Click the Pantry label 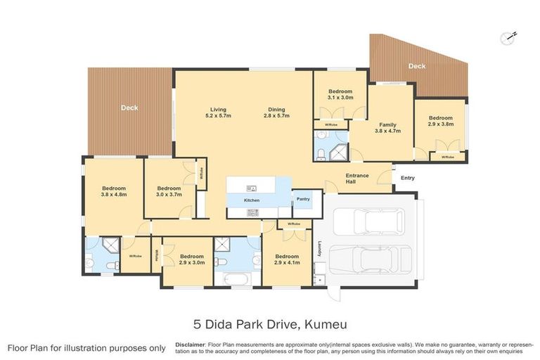tap(302, 199)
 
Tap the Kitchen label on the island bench tap(252, 201)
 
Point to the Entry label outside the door tap(408, 178)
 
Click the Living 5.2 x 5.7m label tap(218, 112)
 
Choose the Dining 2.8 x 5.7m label tap(276, 112)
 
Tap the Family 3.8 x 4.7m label tap(387, 127)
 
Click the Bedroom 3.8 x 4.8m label tap(114, 191)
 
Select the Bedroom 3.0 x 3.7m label tap(169, 191)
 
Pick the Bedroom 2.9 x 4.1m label tap(287, 259)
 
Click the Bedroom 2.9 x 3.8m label tap(441, 121)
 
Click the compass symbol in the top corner tap(508, 37)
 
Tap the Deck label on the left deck tap(129, 108)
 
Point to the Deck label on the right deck tap(417, 66)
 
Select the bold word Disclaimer tap(190, 345)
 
